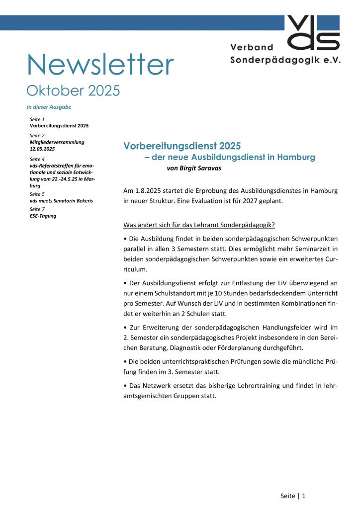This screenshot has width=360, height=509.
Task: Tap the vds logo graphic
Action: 313,32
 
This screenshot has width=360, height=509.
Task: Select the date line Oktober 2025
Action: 73,90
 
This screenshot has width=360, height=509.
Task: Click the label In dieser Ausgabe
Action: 49,107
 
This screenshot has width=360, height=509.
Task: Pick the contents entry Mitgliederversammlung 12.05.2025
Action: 57,145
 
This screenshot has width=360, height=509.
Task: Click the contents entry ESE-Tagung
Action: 43,216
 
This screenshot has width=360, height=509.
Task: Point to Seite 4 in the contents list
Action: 37,159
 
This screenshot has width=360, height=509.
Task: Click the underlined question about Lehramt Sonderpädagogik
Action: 199,224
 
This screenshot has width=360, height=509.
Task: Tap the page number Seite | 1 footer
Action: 293,496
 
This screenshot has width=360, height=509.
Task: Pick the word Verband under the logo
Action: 252,47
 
